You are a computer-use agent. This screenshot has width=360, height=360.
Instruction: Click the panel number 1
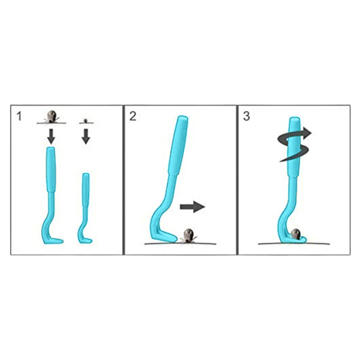click(19, 116)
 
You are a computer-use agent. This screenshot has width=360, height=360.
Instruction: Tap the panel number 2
click(133, 116)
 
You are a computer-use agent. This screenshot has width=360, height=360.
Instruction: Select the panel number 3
click(246, 116)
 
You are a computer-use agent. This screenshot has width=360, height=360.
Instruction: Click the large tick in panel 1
click(51, 117)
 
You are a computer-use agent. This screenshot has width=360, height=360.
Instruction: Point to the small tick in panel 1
click(85, 121)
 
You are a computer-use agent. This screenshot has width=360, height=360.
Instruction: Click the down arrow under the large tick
click(51, 136)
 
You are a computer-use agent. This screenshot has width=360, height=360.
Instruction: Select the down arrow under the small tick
click(86, 136)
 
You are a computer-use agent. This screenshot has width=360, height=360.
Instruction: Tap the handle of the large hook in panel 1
click(51, 170)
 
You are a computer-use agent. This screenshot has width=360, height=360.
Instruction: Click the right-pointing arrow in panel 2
click(193, 207)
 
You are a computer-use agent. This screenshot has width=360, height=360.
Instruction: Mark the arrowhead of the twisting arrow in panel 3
click(306, 133)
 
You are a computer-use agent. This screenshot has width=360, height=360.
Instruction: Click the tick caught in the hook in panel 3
click(296, 234)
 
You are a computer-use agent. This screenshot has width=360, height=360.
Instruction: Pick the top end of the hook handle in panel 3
click(295, 119)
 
